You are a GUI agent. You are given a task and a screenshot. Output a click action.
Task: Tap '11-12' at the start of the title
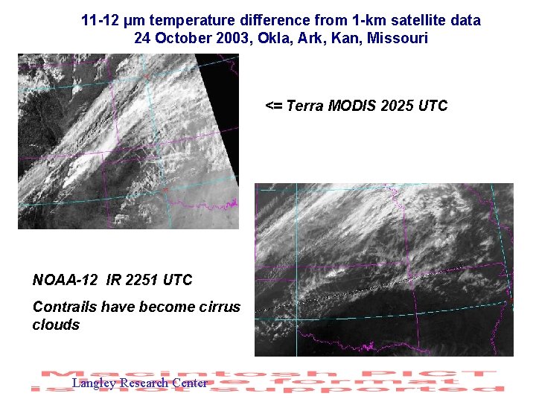click(99, 21)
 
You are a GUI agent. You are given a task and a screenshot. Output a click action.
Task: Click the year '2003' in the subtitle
click(229, 38)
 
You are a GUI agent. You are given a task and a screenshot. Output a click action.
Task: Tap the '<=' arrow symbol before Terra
click(273, 106)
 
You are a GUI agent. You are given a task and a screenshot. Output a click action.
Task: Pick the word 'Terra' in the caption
click(305, 106)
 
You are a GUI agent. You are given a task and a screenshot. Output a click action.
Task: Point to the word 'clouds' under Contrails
click(56, 325)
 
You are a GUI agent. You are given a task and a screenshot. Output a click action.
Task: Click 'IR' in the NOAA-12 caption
click(114, 280)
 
